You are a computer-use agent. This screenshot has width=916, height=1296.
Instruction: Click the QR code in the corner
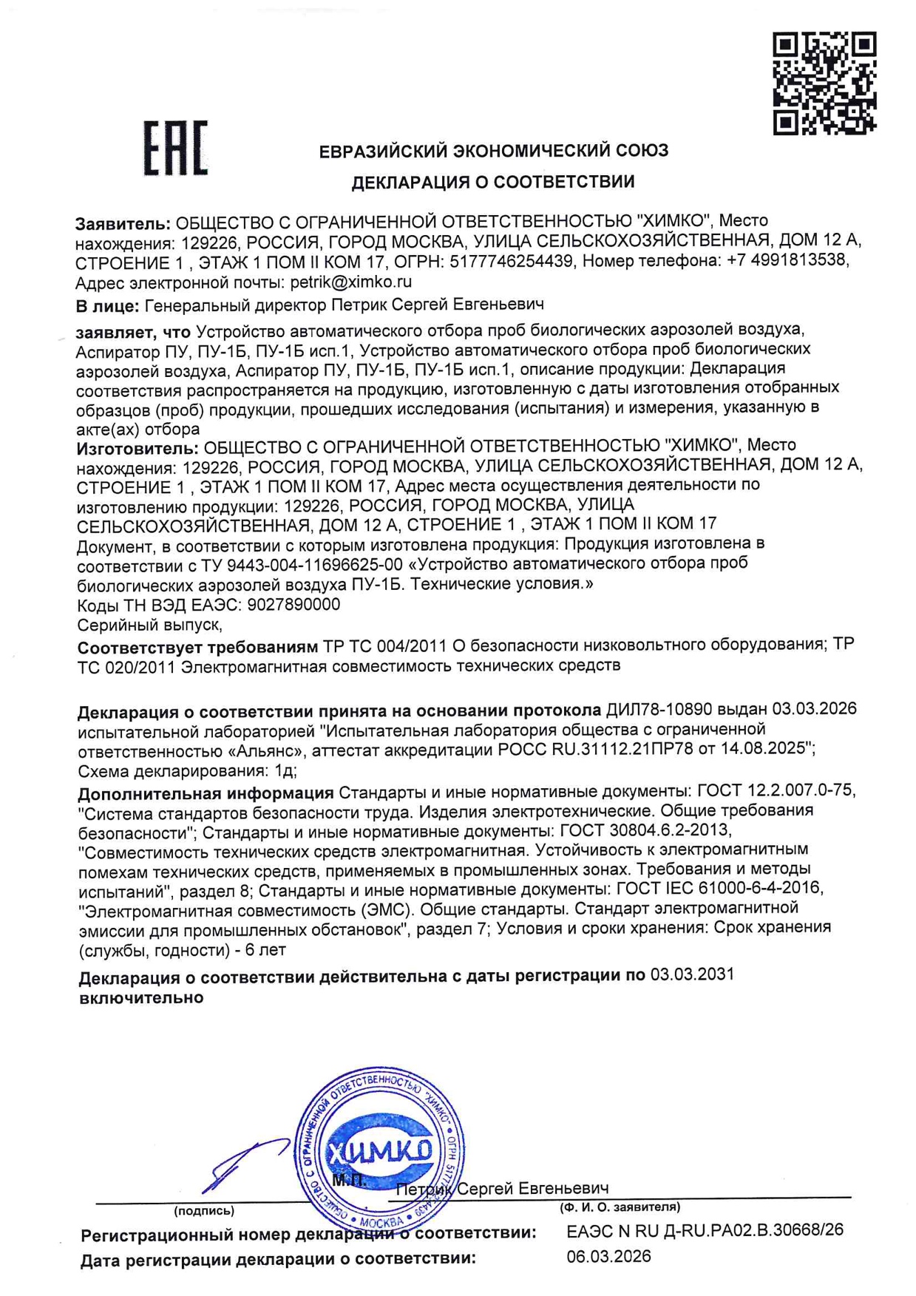point(824,83)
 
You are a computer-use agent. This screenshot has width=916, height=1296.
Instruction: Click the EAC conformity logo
point(175,148)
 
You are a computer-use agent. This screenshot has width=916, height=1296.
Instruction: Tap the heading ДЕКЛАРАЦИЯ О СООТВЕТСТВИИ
point(492,182)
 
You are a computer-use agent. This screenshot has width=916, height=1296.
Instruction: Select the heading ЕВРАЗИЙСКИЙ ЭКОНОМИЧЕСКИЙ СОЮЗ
point(493,152)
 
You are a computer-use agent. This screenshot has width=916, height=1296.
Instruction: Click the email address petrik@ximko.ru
point(350,282)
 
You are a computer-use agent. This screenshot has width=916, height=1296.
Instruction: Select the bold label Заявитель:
point(123,222)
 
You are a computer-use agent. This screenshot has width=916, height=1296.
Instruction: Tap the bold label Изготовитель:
point(138,447)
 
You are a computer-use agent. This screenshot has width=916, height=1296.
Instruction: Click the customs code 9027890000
point(294,605)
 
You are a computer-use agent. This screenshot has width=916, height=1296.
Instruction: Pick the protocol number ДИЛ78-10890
point(659,710)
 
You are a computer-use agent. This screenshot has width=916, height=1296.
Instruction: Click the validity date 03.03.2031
point(692,974)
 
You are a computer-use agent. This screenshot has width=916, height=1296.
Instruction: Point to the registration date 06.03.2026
point(608,1256)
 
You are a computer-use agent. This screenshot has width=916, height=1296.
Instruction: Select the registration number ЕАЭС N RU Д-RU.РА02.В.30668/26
point(705,1231)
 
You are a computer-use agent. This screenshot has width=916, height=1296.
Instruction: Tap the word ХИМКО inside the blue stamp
point(380,1152)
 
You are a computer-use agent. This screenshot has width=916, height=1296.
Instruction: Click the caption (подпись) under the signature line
point(204,1210)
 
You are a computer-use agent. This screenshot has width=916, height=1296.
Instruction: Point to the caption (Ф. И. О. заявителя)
point(620,1207)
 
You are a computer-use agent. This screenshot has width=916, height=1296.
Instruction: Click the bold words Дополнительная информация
point(206,793)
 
